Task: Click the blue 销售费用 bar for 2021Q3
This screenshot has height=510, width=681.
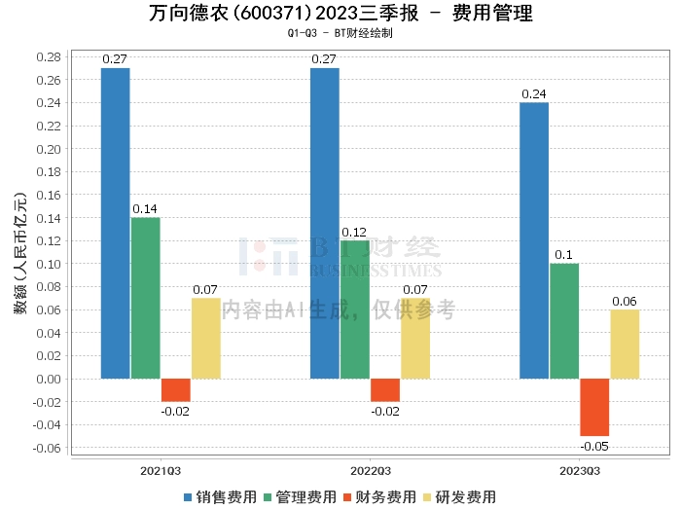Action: tap(116, 223)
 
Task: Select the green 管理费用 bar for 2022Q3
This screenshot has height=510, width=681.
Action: tap(355, 309)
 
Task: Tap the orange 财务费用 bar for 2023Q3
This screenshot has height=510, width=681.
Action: tap(594, 407)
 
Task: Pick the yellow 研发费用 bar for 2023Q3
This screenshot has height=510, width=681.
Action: tap(625, 344)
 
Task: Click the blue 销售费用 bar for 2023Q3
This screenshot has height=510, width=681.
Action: tap(534, 240)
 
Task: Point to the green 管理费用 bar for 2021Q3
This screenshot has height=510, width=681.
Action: tap(146, 298)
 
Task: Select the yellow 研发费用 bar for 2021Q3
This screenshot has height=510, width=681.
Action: tap(205, 338)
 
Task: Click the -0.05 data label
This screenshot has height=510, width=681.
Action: tap(594, 447)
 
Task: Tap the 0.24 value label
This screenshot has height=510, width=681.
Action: tap(534, 93)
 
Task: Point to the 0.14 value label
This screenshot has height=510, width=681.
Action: tap(146, 208)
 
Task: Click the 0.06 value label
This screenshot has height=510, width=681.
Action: tap(625, 301)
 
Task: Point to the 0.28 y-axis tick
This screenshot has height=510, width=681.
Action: tap(49, 56)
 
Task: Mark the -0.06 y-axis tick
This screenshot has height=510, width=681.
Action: tap(47, 448)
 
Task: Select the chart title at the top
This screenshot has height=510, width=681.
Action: tap(340, 14)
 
